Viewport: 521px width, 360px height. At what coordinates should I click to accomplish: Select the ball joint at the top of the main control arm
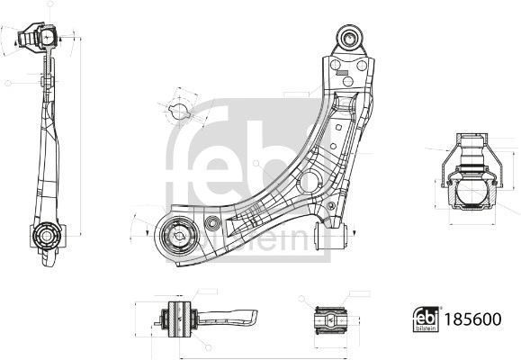coord(348,39)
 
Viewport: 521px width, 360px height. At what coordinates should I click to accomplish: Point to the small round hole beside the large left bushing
coord(212,223)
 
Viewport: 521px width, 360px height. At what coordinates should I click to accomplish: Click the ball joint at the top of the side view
coord(45,38)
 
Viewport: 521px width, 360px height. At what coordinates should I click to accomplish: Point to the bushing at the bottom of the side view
coord(46,238)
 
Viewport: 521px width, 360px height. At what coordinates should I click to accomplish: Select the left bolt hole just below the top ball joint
coord(336,67)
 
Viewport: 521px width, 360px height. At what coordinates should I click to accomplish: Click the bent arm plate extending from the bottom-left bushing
coord(229,316)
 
